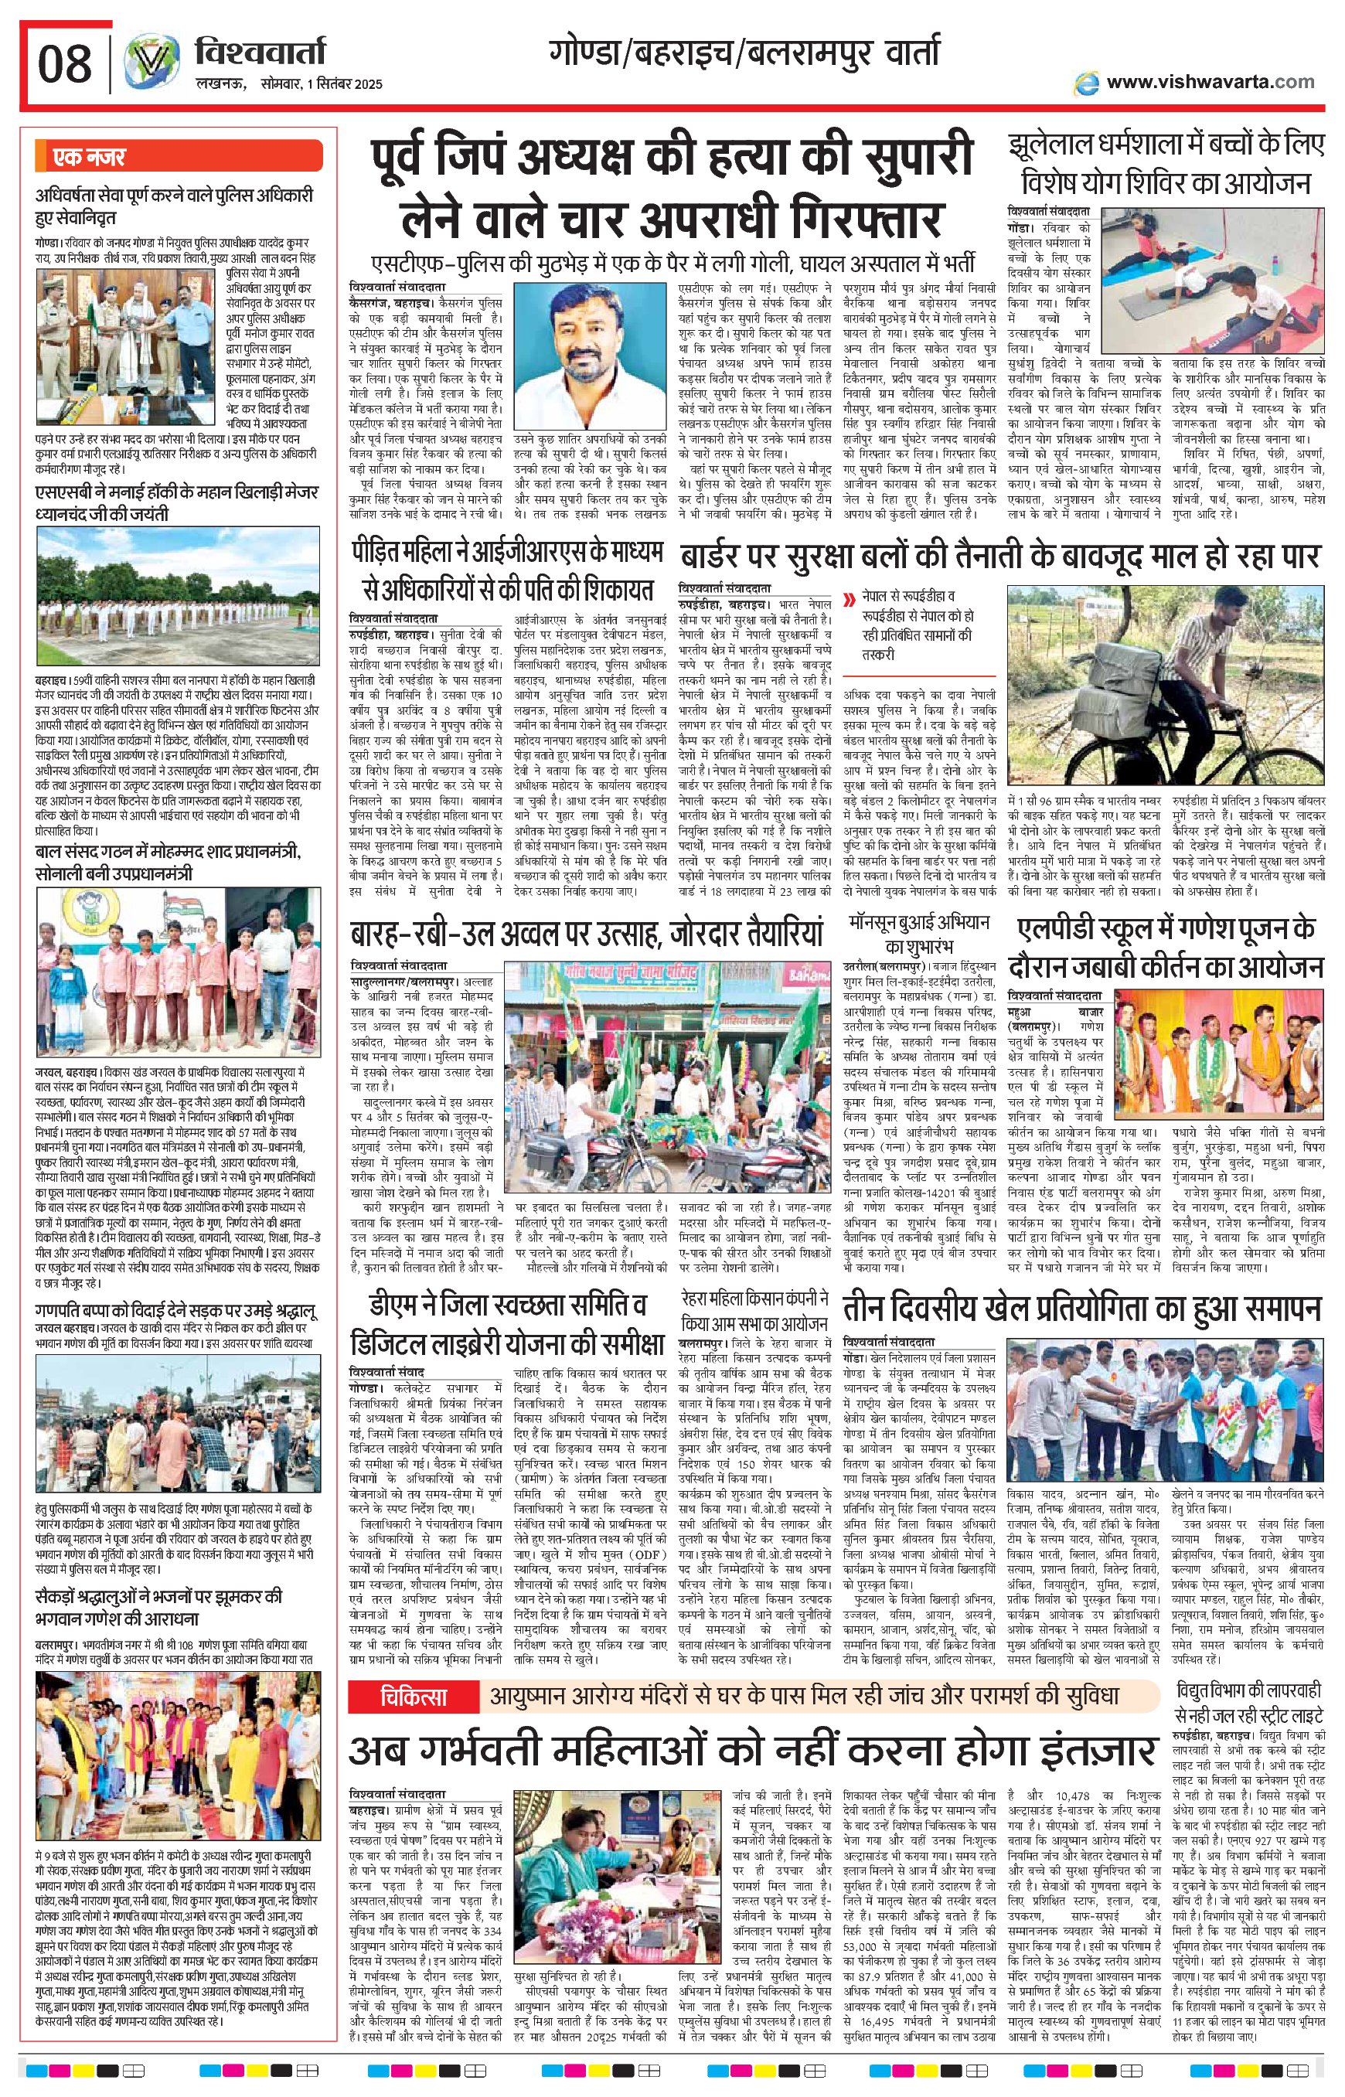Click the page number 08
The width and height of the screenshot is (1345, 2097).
[x=63, y=63]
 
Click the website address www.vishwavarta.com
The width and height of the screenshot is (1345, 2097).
[x=1210, y=81]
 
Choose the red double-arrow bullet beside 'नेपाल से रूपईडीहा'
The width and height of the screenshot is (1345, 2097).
[x=847, y=599]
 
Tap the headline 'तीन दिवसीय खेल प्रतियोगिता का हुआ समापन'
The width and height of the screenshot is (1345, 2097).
[x=1082, y=1309]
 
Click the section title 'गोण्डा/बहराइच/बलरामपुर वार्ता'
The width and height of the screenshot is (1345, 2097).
[x=745, y=53]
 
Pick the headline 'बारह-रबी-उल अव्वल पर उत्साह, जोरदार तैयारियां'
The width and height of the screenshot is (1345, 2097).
[x=586, y=933]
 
